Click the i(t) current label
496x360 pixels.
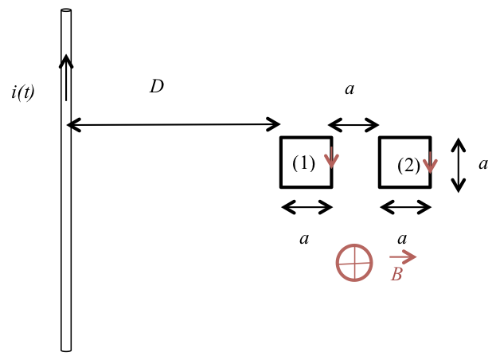[23, 92]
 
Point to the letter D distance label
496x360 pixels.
[156, 87]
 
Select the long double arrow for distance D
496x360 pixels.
[174, 124]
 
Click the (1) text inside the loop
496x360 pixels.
[303, 163]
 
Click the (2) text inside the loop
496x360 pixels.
[408, 166]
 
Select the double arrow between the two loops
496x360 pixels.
[353, 124]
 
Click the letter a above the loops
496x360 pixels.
[349, 88]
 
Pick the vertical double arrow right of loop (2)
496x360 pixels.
[458, 165]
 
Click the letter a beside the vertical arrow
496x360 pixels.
[482, 163]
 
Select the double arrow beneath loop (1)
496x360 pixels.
[307, 207]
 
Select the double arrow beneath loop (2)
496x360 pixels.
[406, 207]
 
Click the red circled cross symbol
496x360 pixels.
[354, 262]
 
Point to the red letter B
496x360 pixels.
[396, 274]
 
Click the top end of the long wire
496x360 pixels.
[66, 11]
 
